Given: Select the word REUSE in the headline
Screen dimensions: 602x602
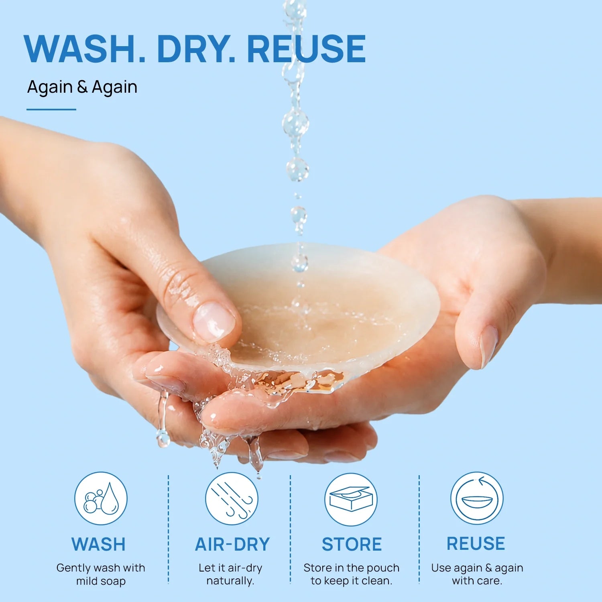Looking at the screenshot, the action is tap(306, 49).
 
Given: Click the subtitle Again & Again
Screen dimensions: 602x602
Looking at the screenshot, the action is tap(82, 87).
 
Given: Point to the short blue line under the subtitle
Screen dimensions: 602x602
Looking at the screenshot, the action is tap(51, 109).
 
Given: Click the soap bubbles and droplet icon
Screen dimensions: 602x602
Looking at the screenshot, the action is tap(101, 498).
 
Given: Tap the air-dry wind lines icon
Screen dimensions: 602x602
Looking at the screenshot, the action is tap(232, 498).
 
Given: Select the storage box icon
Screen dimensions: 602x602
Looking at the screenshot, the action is tap(351, 499).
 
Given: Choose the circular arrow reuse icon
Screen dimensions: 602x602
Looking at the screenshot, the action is tap(477, 498).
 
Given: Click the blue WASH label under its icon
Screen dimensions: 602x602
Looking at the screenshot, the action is tap(98, 545).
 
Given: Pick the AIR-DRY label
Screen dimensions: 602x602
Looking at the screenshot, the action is tap(232, 545).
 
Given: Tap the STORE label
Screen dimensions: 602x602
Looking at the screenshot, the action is tap(352, 545).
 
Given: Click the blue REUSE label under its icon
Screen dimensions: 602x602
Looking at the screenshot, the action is tap(476, 544).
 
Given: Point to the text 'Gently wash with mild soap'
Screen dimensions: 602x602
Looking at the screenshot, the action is tap(101, 574).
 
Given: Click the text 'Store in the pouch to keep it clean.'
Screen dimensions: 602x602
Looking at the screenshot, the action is tap(352, 574).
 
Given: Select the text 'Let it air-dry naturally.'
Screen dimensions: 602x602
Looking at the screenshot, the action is tap(230, 574).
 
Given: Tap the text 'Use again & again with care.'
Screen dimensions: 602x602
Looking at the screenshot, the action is tap(477, 574).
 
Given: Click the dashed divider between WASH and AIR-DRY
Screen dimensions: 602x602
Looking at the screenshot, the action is tap(169, 529).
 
